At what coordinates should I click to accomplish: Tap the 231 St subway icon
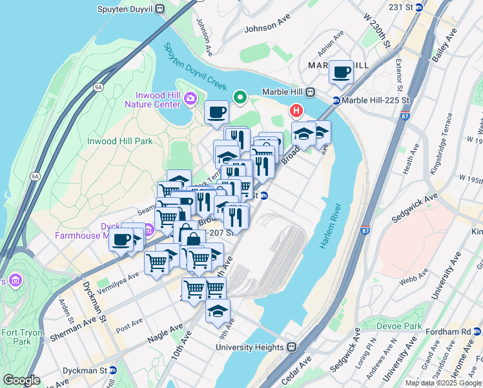coord(418,7)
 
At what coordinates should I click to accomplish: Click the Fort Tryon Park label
coord(15,336)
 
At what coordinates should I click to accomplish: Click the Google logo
coord(22,380)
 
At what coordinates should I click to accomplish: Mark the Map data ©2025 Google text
coord(444,383)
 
